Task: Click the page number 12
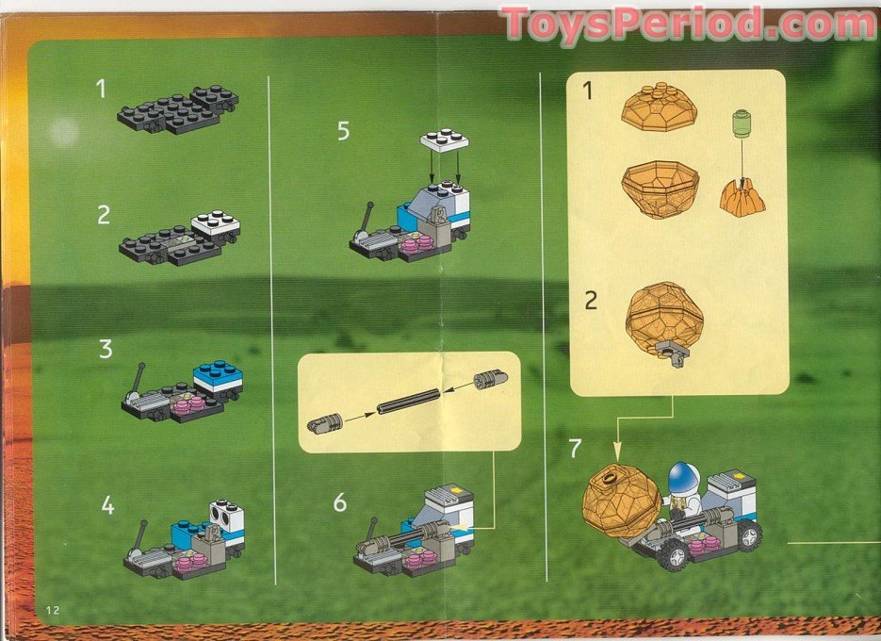pos(52,610)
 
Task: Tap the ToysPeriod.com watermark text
pos(689,23)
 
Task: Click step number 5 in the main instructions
pos(343,131)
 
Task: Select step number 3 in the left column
pos(106,349)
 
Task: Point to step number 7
pos(575,448)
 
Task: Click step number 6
pos(339,502)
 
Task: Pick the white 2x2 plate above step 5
pos(444,139)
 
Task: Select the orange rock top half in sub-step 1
pos(659,107)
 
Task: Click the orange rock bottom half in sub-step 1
pos(661,189)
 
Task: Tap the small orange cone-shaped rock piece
pos(742,195)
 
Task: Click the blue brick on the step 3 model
pos(218,370)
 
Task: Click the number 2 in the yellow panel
pos(591,300)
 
